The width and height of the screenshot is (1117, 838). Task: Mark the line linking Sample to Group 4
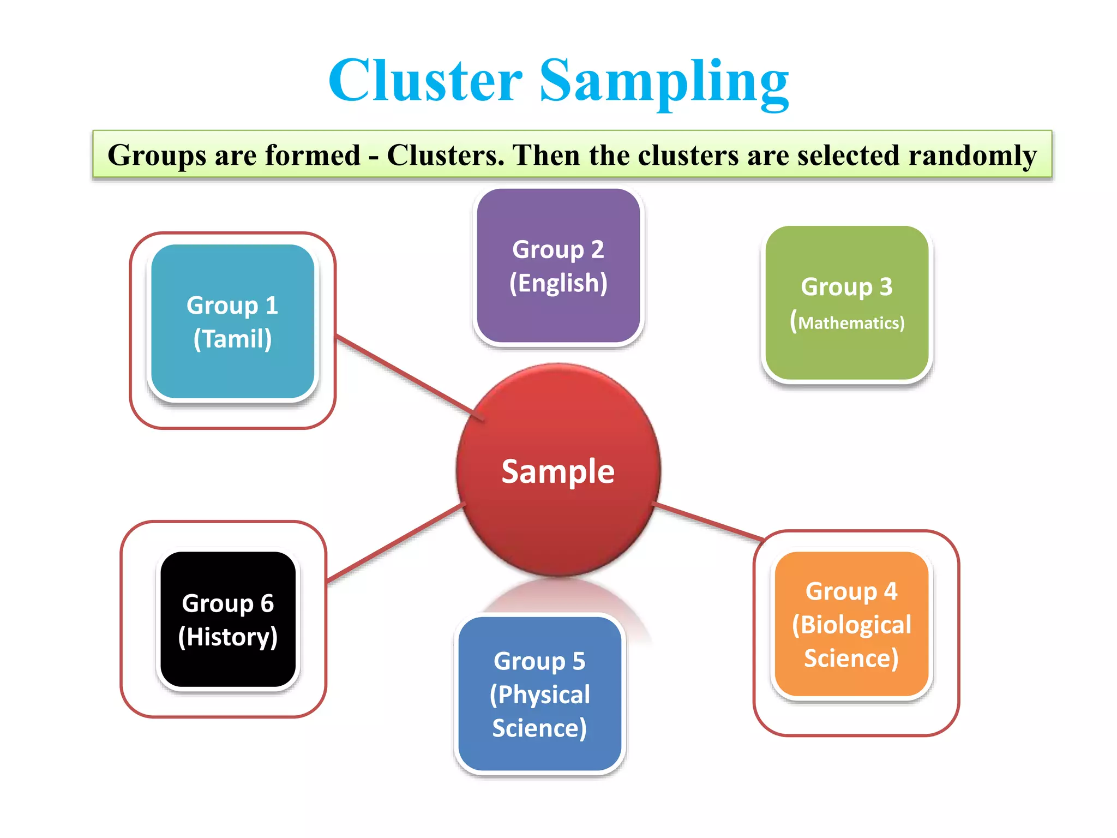click(709, 522)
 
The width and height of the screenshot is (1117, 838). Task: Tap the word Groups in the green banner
click(157, 155)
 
